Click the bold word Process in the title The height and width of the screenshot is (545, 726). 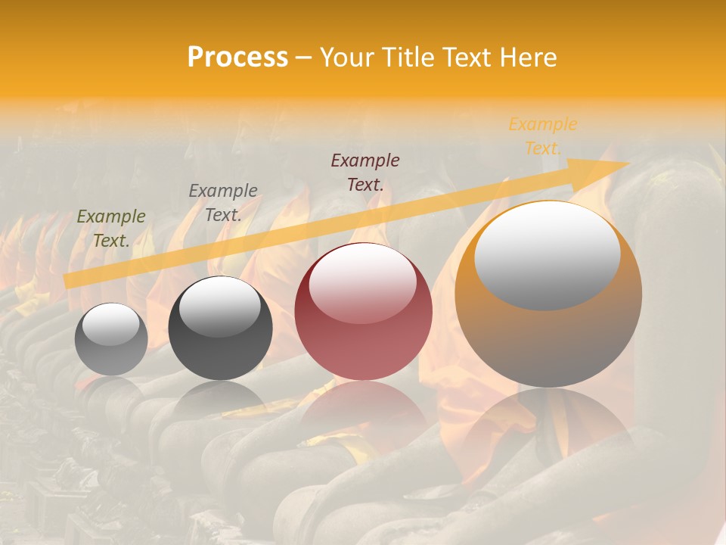click(237, 58)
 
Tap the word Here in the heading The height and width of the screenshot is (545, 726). click(529, 58)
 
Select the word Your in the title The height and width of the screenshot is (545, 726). click(346, 58)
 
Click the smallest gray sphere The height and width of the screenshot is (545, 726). click(111, 339)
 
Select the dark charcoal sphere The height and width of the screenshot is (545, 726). click(220, 329)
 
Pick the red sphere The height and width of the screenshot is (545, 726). click(363, 312)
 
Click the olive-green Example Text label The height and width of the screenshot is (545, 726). click(111, 229)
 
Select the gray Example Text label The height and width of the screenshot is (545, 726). click(222, 203)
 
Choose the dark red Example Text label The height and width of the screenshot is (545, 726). click(365, 172)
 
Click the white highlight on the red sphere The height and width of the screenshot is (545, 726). click(363, 282)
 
